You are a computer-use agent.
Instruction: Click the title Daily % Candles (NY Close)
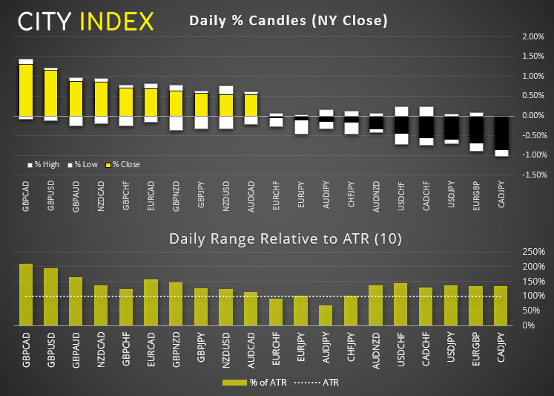288,21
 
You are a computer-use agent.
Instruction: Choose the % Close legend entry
124,164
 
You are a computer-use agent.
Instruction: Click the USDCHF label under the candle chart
400,199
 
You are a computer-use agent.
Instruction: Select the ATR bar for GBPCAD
26,294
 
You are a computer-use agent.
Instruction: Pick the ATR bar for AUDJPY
326,315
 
